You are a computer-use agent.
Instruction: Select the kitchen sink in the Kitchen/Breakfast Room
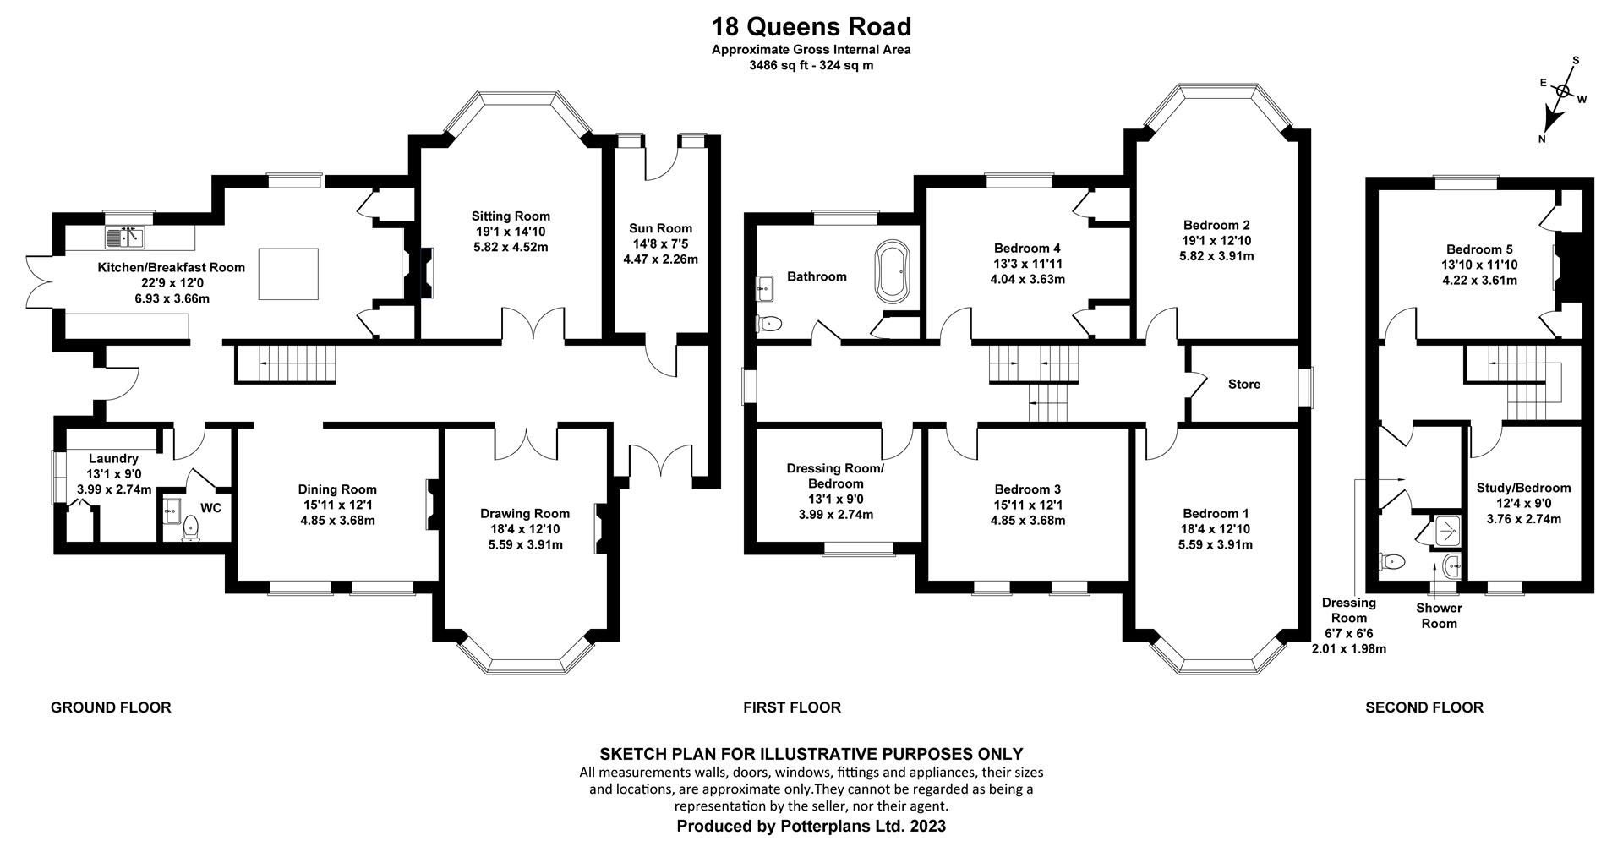point(125,238)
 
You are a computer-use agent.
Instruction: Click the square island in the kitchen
point(288,274)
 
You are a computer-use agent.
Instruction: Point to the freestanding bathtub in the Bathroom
point(893,270)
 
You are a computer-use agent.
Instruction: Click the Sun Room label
point(660,228)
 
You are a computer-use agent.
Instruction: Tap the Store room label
point(1243,384)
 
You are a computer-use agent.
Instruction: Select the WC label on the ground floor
point(210,508)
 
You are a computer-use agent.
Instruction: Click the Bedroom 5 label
point(1478,249)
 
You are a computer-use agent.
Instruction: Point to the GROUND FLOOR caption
point(111,707)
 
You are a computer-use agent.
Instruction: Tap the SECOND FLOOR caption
point(1424,707)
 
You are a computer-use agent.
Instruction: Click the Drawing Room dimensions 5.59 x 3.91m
point(525,544)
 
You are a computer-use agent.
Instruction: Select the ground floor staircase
point(286,363)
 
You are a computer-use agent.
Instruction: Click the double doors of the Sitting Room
point(533,325)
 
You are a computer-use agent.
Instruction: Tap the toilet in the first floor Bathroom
point(769,323)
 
